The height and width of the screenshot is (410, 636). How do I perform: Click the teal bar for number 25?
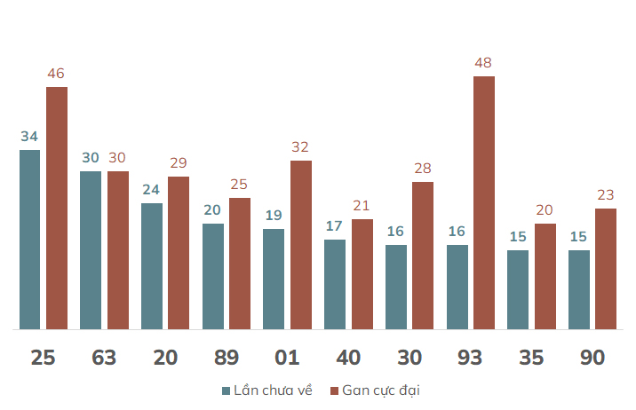[x=29, y=240]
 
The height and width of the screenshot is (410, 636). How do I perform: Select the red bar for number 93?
[x=484, y=202]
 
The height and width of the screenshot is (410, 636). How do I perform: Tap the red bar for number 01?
[x=301, y=245]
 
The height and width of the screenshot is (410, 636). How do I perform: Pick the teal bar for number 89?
[x=213, y=276]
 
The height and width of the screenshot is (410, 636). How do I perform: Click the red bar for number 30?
[x=423, y=256]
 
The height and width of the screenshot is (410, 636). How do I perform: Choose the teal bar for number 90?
[x=579, y=289]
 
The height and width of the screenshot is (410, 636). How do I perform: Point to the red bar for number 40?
[x=362, y=274]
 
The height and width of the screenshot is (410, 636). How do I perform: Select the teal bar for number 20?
[x=152, y=266]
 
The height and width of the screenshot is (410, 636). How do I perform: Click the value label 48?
[x=483, y=63]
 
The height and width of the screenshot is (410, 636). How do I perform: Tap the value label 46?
[x=56, y=74]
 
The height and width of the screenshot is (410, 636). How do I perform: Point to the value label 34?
[x=29, y=137]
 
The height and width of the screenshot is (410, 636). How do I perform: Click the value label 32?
[x=300, y=147]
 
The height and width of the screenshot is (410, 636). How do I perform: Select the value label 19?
[x=274, y=215]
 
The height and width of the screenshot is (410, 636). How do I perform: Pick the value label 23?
[x=606, y=195]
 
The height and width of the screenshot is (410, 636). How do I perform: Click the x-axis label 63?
[x=104, y=358]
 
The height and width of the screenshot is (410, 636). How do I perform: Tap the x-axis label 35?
[x=531, y=358]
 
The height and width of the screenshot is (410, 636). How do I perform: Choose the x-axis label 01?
[x=287, y=358]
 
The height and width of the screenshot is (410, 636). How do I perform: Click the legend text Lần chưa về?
[x=273, y=390]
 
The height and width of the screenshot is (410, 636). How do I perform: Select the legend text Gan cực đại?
[x=381, y=390]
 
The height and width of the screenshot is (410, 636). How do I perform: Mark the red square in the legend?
[x=334, y=391]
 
